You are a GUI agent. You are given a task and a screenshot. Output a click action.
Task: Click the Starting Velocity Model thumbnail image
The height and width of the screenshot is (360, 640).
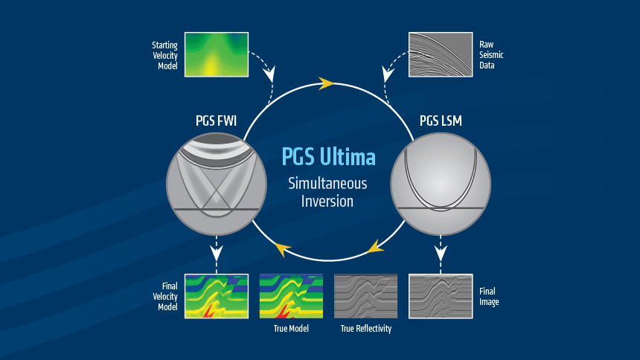(x=216, y=54)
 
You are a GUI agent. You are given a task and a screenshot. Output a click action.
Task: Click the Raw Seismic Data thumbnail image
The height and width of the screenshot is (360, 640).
(x=440, y=54)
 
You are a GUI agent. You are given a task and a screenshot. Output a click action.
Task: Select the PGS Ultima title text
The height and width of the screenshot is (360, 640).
(x=328, y=158)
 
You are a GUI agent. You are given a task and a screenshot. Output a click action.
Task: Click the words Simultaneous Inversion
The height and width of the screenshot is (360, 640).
(x=328, y=191)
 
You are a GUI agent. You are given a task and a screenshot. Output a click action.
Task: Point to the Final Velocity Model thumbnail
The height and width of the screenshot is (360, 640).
(x=216, y=296)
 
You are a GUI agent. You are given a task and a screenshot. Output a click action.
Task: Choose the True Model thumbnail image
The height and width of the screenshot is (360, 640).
(x=291, y=296)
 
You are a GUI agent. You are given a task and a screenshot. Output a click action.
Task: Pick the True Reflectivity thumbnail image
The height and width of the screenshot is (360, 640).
(x=365, y=296)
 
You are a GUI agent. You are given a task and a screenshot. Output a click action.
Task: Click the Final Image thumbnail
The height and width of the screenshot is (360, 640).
(x=440, y=296)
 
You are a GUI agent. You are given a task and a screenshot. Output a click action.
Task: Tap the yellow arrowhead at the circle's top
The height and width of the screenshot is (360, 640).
(x=326, y=83)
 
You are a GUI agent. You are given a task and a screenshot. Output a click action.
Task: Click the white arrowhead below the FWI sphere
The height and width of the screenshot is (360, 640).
(x=217, y=254)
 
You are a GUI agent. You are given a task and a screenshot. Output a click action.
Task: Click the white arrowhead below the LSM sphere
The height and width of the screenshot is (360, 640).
(x=440, y=254)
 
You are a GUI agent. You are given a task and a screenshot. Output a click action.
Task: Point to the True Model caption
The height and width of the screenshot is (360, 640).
(x=291, y=328)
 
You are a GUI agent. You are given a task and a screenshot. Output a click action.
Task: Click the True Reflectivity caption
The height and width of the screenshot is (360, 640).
(x=365, y=328)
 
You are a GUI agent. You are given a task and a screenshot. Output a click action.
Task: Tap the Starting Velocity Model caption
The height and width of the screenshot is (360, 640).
(x=165, y=55)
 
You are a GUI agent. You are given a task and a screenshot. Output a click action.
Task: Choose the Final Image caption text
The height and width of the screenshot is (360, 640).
(x=489, y=297)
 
